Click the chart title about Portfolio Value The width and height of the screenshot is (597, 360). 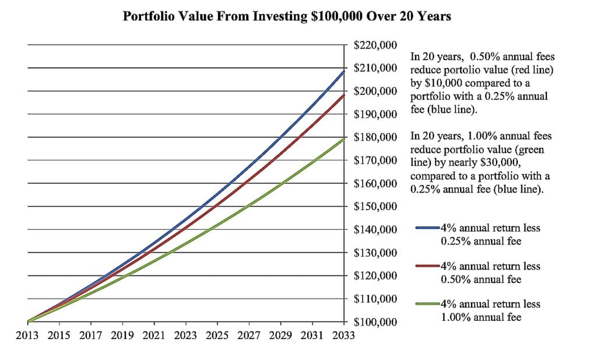pos(287,16)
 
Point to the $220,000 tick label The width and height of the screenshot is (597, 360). pos(375,45)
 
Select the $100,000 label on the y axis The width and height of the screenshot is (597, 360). pos(375,322)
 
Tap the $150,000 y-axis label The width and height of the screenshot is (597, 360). pos(375,207)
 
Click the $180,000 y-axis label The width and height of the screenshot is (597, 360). pos(375,137)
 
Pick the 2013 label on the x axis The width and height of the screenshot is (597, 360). pos(27,336)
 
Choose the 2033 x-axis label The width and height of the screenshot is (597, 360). pos(342,336)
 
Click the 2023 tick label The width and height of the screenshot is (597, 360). pos(185,336)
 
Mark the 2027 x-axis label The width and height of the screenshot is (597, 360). pos(248,336)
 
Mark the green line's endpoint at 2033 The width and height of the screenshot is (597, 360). pos(343,138)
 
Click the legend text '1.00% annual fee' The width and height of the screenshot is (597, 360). pos(481,317)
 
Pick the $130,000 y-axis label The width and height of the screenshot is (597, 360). pos(375,253)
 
